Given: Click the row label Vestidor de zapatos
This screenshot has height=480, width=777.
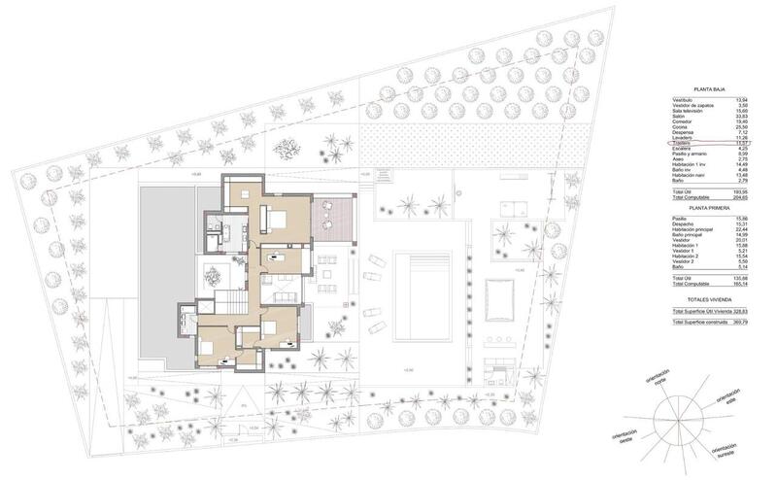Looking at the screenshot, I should [x=693, y=106].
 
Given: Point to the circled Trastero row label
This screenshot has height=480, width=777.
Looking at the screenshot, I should [x=681, y=144].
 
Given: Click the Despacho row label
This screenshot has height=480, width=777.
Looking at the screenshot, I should [x=681, y=223].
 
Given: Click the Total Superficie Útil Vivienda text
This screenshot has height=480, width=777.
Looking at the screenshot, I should [x=704, y=310].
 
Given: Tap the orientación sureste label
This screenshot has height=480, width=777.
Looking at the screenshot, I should [x=729, y=453].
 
